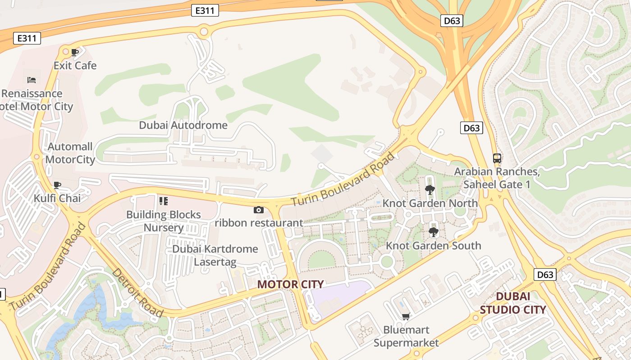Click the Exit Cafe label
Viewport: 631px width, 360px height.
pos(75,66)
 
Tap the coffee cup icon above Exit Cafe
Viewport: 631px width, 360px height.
pos(75,52)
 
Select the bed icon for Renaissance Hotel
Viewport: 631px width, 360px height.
pos(32,80)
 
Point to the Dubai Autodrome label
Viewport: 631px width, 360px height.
pos(183,125)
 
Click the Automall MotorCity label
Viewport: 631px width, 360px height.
pos(70,153)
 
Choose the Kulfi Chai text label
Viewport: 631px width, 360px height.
pos(57,198)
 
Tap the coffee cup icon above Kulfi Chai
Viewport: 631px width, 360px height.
pos(57,185)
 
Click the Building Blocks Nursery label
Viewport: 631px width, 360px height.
pos(163,221)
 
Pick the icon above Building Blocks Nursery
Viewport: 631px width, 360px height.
pos(163,201)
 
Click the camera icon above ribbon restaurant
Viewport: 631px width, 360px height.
pos(259,210)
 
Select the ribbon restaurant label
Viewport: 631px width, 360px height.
pos(259,223)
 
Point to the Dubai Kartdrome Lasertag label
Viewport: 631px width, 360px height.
pos(215,255)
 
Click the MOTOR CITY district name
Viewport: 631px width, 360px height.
pos(290,284)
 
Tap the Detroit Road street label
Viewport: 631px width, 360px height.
pos(137,292)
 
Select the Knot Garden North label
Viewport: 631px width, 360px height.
pos(430,203)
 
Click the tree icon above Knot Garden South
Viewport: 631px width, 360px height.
pos(434,232)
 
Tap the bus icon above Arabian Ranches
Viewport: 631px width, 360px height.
pos(497,158)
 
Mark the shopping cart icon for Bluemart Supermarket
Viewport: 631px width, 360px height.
pos(406,316)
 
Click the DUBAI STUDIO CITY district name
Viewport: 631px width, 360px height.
pos(513,303)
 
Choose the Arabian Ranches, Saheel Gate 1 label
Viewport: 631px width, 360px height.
pos(497,178)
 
